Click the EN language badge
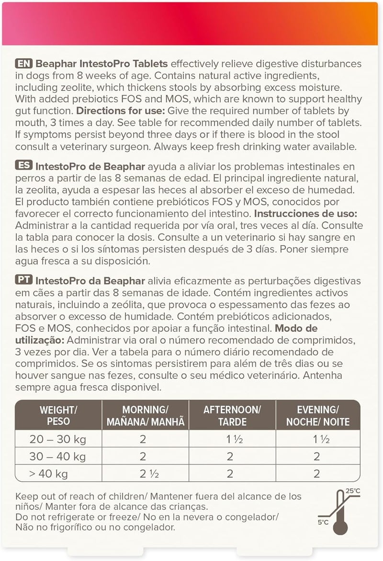coord(24,64)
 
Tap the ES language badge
coord(24,166)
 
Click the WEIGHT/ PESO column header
coord(58,416)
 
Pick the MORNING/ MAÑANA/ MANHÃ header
coord(146,416)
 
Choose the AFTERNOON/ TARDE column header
coord(232,416)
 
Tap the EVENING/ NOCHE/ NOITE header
coord(318,416)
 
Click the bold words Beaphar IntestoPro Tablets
coord(102,64)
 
